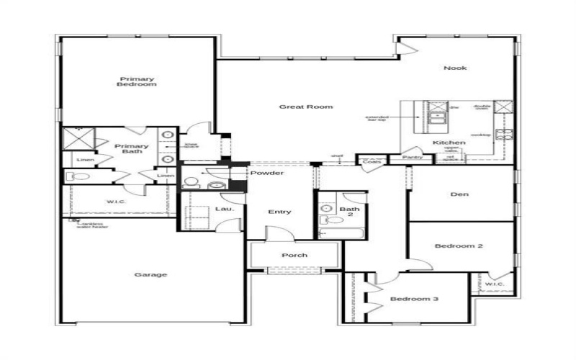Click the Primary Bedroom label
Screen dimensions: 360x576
(x=138, y=81)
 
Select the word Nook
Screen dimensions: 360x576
(x=454, y=68)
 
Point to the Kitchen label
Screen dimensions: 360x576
(x=449, y=143)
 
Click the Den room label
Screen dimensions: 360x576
(x=460, y=193)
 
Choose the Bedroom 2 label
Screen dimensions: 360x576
(x=459, y=246)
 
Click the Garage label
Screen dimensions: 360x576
(x=151, y=274)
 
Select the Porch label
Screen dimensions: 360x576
(x=294, y=255)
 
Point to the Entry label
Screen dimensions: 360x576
(x=279, y=212)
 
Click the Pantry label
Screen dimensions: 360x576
(x=412, y=157)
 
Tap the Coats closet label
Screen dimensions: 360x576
(x=372, y=161)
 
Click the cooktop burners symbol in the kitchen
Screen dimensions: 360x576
(x=507, y=134)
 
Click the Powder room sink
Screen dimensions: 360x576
(x=213, y=185)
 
